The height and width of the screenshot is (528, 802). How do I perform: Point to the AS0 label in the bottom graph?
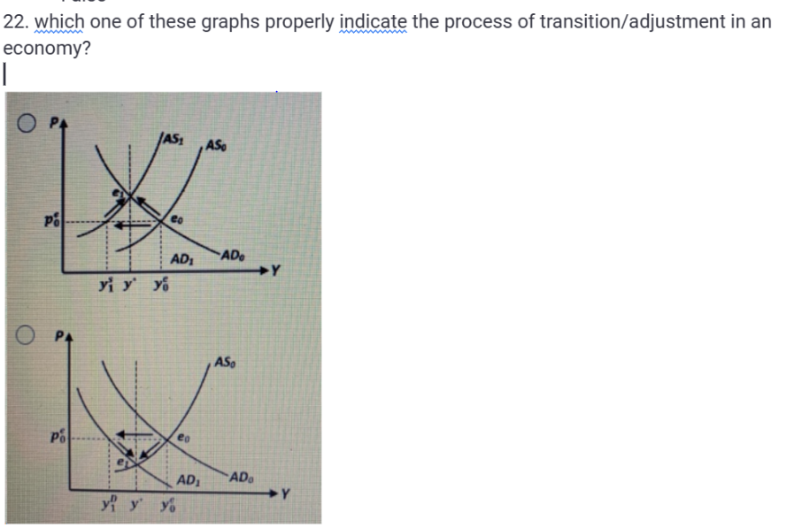tap(226, 363)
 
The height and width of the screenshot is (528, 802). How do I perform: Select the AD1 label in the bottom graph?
tap(187, 480)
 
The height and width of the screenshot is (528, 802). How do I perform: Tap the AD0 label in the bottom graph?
tap(243, 478)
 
